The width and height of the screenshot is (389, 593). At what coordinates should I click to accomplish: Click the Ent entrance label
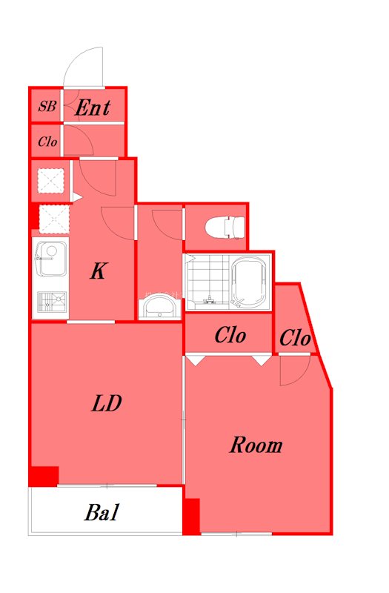(x=93, y=107)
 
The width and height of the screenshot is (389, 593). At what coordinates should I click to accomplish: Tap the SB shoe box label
(x=47, y=106)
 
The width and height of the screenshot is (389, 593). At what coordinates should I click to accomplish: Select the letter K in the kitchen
(x=99, y=271)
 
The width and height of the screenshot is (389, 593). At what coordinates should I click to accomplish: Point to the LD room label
(x=107, y=403)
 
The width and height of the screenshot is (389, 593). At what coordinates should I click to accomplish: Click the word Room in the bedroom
(x=256, y=445)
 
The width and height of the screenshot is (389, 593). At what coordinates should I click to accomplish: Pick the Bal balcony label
(x=102, y=512)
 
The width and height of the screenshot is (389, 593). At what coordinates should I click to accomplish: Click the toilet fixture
(x=225, y=227)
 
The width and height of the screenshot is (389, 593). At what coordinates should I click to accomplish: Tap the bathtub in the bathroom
(x=250, y=281)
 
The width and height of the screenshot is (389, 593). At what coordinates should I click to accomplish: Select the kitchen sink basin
(x=51, y=259)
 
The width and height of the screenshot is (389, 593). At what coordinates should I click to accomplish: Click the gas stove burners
(x=52, y=302)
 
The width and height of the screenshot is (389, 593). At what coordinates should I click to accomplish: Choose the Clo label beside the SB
(x=47, y=142)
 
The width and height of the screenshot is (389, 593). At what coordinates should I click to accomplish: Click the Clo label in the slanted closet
(x=295, y=337)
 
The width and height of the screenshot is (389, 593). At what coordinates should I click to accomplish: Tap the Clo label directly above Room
(x=230, y=335)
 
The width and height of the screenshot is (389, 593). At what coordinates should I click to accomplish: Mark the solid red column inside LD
(x=44, y=476)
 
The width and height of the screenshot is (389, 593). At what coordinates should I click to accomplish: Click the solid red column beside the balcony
(x=191, y=516)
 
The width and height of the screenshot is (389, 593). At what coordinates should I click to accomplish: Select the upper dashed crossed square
(x=50, y=181)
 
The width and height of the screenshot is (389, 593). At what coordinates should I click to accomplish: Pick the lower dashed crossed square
(x=54, y=219)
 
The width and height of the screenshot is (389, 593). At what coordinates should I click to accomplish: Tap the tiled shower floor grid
(x=207, y=281)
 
